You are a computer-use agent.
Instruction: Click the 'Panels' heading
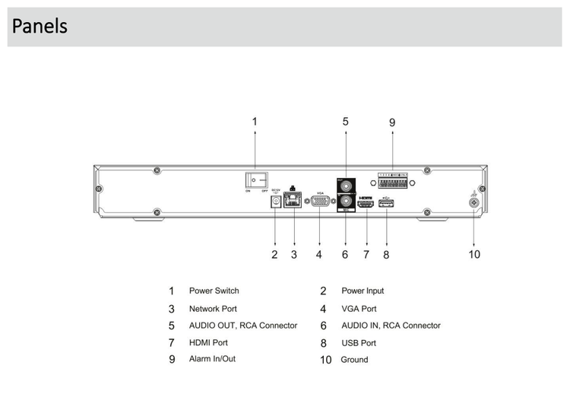click(x=40, y=27)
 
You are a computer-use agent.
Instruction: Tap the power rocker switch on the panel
click(x=256, y=180)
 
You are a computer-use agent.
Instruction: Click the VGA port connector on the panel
click(x=320, y=202)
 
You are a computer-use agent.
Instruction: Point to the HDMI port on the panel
click(x=366, y=203)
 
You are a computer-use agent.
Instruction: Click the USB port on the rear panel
click(x=386, y=204)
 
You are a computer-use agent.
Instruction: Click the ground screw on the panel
click(x=474, y=201)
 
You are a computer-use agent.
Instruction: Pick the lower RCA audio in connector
click(x=345, y=202)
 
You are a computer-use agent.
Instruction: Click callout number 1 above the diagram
click(x=255, y=121)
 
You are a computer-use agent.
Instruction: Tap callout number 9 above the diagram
click(x=392, y=122)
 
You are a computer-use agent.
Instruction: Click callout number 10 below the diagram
click(x=474, y=254)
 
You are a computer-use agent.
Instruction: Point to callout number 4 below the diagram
click(x=319, y=255)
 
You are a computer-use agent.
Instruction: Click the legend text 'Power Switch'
click(x=214, y=291)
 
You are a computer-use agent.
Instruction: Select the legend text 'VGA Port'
click(x=359, y=309)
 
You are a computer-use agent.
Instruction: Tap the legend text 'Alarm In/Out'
click(x=212, y=358)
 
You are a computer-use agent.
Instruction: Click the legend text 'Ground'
click(x=354, y=359)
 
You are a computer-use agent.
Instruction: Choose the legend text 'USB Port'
click(x=359, y=343)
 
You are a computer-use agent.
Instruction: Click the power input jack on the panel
click(x=274, y=202)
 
